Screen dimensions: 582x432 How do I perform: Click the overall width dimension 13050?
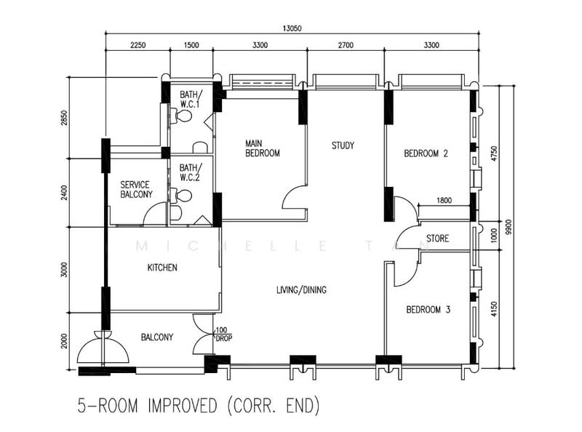[292, 28]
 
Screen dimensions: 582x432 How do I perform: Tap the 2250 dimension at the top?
[137, 45]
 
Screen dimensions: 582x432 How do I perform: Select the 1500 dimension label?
[191, 45]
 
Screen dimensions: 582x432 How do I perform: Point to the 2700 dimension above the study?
[346, 45]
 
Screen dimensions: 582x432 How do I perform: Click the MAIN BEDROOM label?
[263, 148]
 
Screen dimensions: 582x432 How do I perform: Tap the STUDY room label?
[343, 145]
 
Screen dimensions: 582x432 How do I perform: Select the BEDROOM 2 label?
[426, 153]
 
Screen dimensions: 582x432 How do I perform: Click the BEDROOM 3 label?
[428, 310]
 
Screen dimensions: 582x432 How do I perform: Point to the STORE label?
[438, 239]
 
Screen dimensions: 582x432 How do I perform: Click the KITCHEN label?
[162, 268]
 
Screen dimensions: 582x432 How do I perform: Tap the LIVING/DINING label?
[301, 290]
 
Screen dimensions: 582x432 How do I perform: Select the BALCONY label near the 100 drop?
[157, 337]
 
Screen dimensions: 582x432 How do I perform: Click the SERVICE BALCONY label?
[136, 190]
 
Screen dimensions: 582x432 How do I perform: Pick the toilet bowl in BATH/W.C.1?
[183, 116]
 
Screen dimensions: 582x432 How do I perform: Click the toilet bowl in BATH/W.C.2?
[183, 196]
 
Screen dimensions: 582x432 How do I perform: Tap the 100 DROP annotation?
[223, 335]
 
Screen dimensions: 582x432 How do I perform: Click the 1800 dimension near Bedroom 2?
[444, 201]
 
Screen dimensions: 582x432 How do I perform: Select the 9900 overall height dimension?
[509, 227]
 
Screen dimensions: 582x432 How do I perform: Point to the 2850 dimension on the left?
[65, 118]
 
